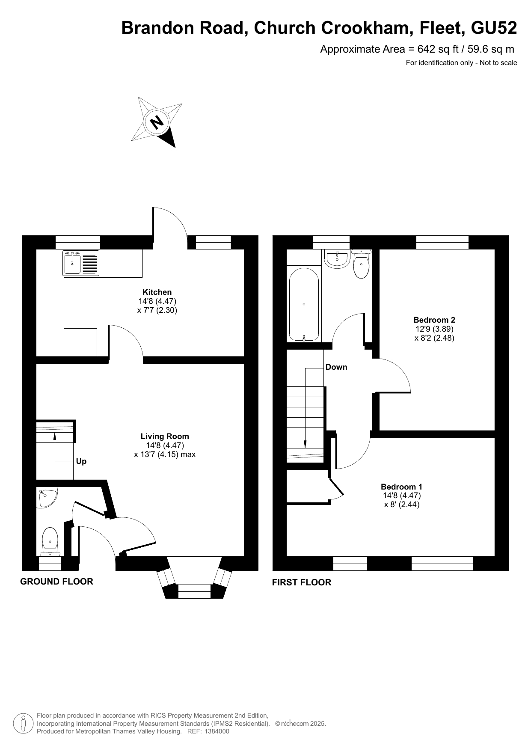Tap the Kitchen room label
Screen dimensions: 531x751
[157, 292]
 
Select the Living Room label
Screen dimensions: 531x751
[165, 436]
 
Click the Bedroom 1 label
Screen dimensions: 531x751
[401, 487]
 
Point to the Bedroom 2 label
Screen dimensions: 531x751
[434, 320]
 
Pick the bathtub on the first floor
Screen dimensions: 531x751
[304, 304]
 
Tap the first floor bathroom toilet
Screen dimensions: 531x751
[362, 264]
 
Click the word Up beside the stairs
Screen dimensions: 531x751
[81, 461]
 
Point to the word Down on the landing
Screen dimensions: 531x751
[336, 367]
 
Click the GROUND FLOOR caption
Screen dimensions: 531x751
[56, 582]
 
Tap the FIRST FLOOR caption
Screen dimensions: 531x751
[302, 582]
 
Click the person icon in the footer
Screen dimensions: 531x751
[24, 724]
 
